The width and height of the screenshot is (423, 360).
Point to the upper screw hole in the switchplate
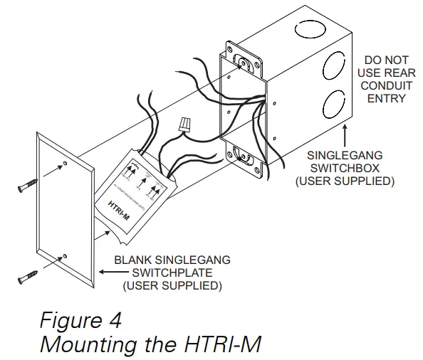click(x=66, y=165)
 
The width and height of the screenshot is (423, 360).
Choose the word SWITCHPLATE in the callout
click(x=171, y=273)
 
